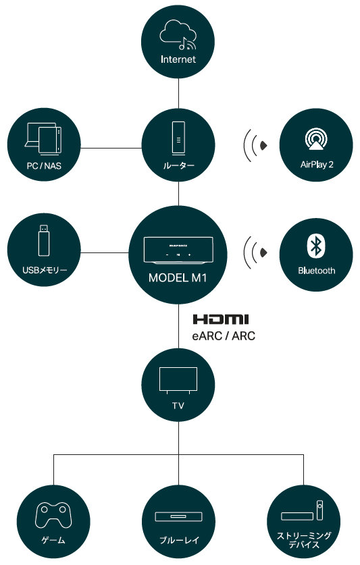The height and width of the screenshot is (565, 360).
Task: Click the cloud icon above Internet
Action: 178,34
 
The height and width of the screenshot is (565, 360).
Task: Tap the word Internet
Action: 178,59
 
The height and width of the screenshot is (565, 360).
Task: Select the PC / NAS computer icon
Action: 43,139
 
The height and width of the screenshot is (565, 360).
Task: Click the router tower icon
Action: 178,138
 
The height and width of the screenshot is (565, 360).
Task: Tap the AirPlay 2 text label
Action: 317,165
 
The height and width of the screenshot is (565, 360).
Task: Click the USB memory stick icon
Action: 44,240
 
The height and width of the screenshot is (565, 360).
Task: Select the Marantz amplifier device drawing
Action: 178,250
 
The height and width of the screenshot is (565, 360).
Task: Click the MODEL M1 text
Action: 178,278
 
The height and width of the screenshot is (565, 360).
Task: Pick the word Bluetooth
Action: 316,271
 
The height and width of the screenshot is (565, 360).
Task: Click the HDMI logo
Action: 221,319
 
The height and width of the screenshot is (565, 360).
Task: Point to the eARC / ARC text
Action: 224,336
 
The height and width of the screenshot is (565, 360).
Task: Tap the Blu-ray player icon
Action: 178,516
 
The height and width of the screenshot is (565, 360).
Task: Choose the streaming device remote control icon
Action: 319,510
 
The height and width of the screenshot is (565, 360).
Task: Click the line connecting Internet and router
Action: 178,93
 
